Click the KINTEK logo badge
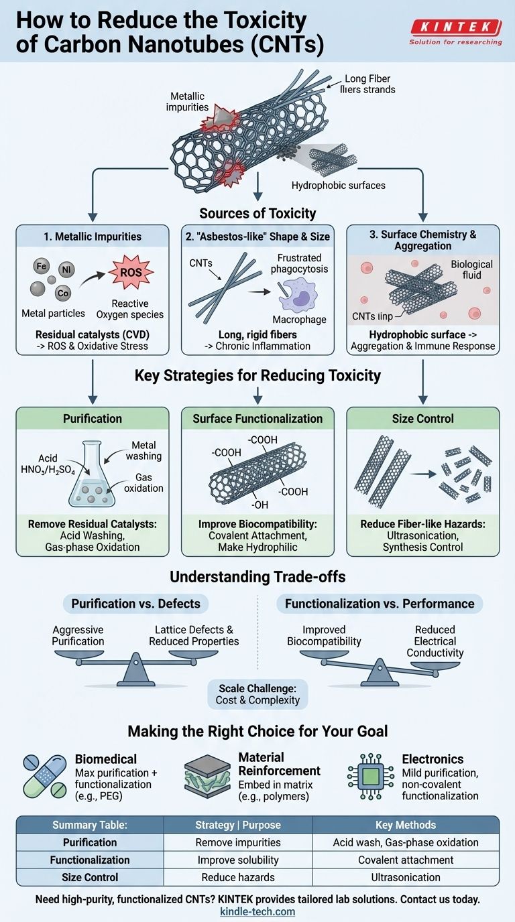pos(456,27)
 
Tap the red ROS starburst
pos(131,272)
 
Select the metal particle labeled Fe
pos(41,266)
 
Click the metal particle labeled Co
pos(62,293)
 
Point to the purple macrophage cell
pos(298,295)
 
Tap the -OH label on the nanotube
pos(260,505)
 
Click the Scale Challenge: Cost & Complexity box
pos(257,694)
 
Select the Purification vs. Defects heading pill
pos(135,604)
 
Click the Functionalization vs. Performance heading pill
pos(380,604)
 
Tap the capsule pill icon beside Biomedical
pos(45,777)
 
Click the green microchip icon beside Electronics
pos(370,777)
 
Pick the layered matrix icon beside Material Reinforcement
pos(207,777)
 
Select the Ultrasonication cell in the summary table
pos(406,877)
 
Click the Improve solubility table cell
pos(238,860)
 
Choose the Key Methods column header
pos(406,825)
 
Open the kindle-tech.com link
pos(257,911)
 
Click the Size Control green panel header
pos(422,419)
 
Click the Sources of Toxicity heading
pos(257,213)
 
